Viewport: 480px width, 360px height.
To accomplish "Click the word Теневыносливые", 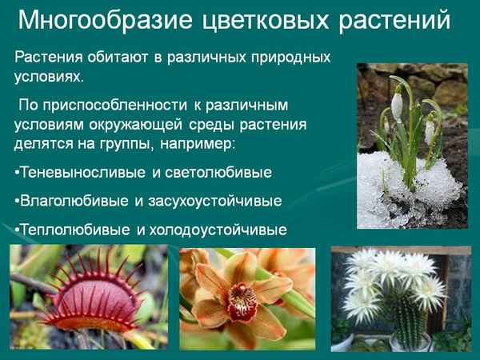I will (x=81, y=172).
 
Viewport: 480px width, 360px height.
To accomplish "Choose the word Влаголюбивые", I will (x=71, y=201).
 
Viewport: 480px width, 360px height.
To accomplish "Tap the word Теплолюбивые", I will (x=71, y=230).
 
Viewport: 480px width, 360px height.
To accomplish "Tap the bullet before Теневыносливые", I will (x=17, y=173).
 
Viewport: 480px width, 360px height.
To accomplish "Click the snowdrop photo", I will (x=411, y=144).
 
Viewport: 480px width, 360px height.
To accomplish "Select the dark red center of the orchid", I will (x=240, y=300).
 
